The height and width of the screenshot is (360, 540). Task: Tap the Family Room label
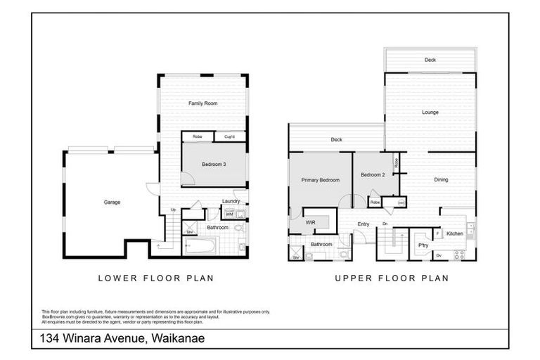coord(202,103)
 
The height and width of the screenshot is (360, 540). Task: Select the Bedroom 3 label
coord(214,165)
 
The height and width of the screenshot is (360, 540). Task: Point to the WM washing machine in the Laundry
coord(229,214)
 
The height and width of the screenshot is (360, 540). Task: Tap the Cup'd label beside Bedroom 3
coord(229,136)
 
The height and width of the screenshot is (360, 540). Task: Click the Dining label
coord(441,180)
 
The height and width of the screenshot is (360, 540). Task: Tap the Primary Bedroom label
coord(320,180)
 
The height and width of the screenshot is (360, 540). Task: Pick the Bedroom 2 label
coord(372,174)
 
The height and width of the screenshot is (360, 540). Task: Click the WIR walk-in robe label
coord(310,221)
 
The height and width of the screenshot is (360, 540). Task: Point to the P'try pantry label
coord(423,245)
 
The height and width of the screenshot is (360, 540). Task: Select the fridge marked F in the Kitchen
coord(437,233)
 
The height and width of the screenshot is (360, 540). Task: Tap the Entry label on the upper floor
coord(363,224)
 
